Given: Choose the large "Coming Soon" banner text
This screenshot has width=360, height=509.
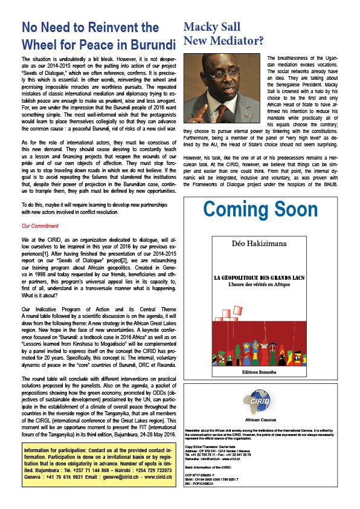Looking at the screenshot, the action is click(x=260, y=210).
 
